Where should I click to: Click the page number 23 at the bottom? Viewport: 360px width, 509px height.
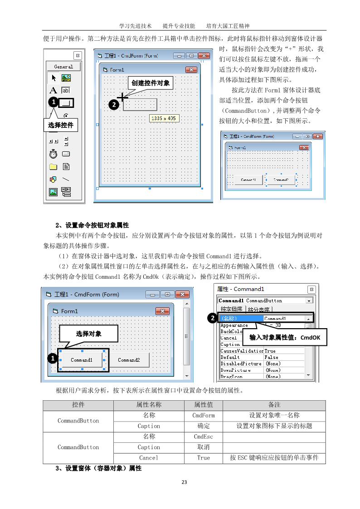tap(184, 482)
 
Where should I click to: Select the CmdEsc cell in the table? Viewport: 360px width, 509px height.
tap(203, 437)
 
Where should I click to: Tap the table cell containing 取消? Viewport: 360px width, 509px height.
tap(203, 447)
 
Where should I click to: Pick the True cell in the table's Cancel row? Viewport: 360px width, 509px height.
tap(203, 458)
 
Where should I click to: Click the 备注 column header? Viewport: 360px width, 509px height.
tap(274, 405)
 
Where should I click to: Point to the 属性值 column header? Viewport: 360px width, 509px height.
tap(203, 405)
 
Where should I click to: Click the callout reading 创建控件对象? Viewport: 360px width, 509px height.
tap(151, 83)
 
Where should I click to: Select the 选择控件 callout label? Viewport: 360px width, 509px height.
tap(61, 125)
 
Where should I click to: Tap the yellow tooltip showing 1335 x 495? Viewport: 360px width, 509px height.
tap(164, 118)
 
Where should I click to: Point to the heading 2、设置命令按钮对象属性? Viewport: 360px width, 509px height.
tap(92, 225)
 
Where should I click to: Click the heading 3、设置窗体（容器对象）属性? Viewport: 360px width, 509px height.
tap(98, 468)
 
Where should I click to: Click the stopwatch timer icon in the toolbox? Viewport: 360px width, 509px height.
tap(53, 153)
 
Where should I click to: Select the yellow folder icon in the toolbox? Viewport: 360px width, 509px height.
tap(53, 166)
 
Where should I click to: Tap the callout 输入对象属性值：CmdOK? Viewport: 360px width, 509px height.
tap(284, 338)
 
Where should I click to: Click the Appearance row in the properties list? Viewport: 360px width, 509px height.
tap(234, 325)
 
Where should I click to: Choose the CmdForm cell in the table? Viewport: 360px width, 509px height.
tap(203, 415)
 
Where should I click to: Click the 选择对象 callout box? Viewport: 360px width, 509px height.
tap(89, 334)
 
